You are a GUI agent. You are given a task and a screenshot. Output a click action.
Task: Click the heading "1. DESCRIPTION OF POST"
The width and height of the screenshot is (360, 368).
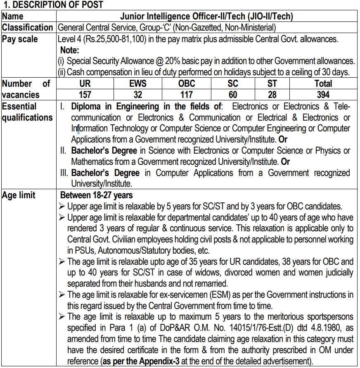point(53,5)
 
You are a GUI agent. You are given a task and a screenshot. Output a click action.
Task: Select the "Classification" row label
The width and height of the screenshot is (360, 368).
point(28,28)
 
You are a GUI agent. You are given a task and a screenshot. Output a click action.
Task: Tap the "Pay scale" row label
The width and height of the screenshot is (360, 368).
point(20,39)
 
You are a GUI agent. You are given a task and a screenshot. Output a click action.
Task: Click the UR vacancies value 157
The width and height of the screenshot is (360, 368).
point(85,95)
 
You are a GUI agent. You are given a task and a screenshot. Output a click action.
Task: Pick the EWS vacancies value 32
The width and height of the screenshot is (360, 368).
point(137,95)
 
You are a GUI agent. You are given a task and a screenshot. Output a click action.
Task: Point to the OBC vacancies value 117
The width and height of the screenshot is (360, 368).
point(187,95)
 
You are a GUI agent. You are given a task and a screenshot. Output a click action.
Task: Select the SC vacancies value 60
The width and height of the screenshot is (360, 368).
point(233,95)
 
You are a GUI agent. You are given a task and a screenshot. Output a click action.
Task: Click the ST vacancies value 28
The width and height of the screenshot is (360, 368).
point(272,95)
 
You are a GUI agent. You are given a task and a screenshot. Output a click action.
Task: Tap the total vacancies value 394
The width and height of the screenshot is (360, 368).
point(323,95)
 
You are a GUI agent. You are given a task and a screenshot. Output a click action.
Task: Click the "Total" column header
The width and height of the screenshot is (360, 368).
point(323,84)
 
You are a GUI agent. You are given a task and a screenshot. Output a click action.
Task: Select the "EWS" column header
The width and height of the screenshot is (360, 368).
point(137,84)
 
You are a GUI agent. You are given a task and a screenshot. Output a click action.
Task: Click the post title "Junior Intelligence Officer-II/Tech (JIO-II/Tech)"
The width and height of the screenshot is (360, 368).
point(206,17)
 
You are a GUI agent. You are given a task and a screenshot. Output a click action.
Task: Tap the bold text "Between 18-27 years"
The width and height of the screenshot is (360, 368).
point(97,195)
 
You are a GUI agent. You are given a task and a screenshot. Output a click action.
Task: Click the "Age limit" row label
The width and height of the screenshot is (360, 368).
point(19,195)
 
